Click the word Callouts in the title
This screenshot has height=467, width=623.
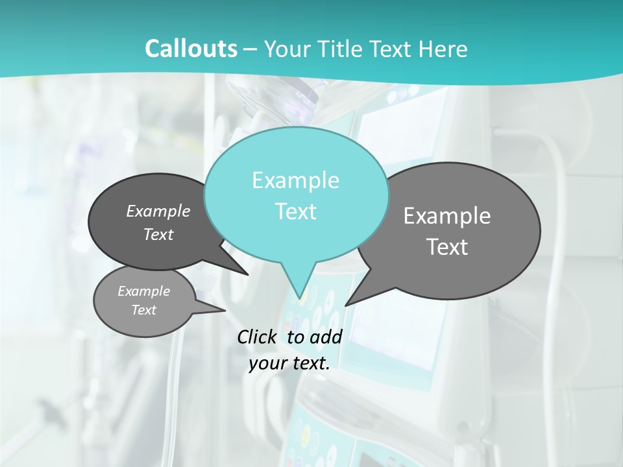191,49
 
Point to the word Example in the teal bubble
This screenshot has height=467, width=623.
296,180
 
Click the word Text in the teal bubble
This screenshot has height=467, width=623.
296,211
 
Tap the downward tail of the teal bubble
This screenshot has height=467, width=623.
299,282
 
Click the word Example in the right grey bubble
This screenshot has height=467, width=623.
447,215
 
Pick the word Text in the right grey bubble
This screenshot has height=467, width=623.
447,247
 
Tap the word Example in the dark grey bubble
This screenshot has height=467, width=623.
158,211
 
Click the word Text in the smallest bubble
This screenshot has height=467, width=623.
144,310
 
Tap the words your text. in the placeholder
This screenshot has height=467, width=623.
289,363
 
